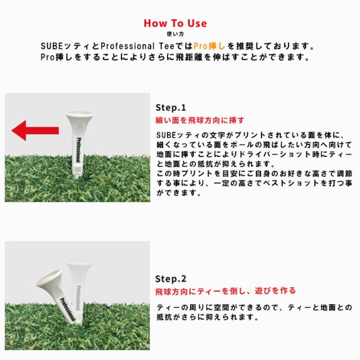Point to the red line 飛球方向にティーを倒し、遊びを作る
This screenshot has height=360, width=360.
pyautogui.click(x=225, y=291)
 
